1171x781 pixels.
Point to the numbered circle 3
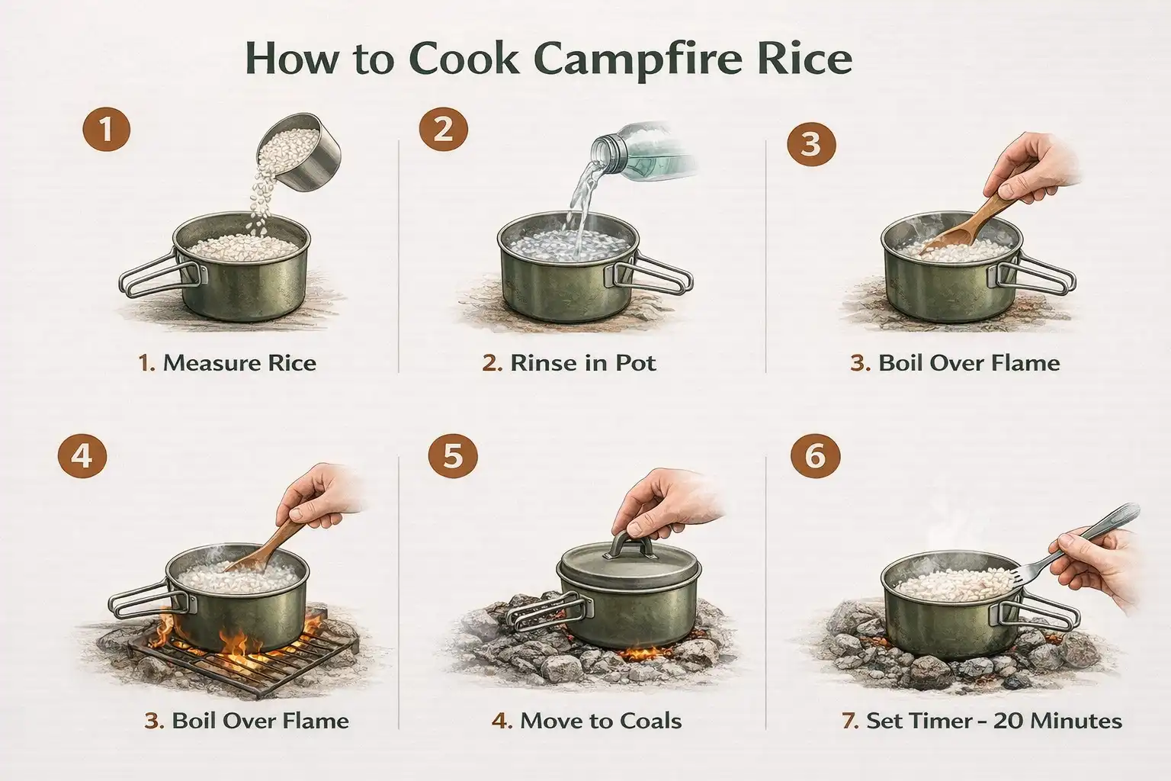(811, 143)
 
